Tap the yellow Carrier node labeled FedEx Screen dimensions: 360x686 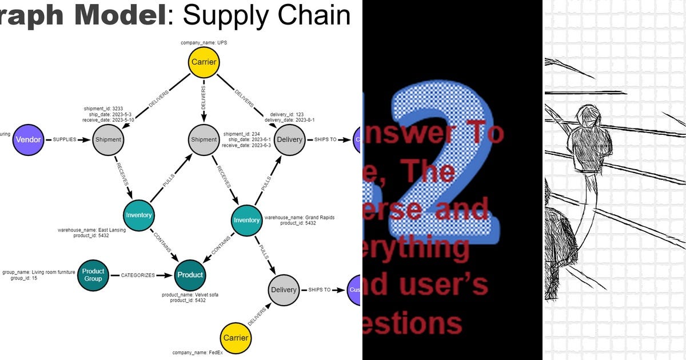click(x=236, y=338)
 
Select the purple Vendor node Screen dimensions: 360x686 click(x=28, y=139)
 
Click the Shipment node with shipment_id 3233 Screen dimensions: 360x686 click(x=108, y=139)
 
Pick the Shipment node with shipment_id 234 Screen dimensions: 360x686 click(x=204, y=139)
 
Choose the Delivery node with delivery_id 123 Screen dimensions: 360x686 click(x=289, y=139)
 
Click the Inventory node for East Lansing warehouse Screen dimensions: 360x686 click(x=139, y=215)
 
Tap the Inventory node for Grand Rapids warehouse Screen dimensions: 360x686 click(x=247, y=220)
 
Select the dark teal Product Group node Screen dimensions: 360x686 click(x=93, y=275)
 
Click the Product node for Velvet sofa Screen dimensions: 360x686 click(x=190, y=275)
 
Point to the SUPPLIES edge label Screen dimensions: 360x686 click(x=65, y=139)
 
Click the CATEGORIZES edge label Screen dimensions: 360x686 click(x=138, y=275)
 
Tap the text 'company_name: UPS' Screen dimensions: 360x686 click(x=204, y=43)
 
